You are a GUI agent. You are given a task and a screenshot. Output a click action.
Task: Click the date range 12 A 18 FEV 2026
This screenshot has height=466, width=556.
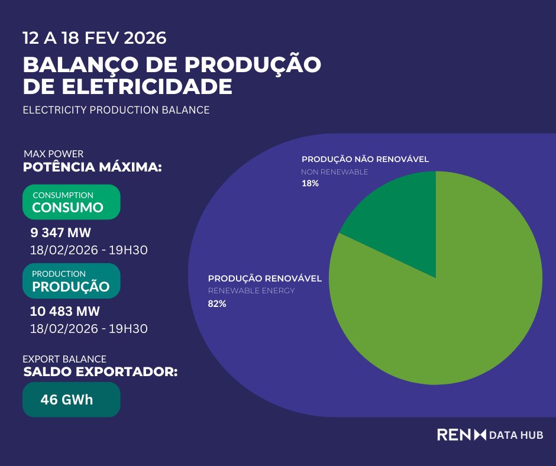tap(95, 39)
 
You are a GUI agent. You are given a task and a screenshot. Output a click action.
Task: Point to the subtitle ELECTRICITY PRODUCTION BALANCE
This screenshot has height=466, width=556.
tap(116, 110)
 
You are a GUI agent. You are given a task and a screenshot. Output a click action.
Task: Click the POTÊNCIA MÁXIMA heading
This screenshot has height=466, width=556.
tap(92, 167)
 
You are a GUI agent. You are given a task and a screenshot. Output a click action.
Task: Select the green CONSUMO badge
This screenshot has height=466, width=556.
tap(71, 202)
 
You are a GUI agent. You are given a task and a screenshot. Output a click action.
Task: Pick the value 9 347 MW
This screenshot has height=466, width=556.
tap(60, 232)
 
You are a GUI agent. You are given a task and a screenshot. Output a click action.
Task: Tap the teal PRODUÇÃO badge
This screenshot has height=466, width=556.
tap(71, 280)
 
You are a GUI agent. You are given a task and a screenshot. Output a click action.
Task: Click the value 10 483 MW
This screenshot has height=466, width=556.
tap(65, 311)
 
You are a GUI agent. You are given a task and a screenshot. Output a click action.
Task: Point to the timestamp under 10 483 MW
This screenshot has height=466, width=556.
tap(89, 329)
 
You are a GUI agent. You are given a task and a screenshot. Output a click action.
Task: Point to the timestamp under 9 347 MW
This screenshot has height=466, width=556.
tap(89, 250)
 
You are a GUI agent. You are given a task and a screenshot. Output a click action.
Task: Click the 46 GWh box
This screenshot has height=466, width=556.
tap(71, 400)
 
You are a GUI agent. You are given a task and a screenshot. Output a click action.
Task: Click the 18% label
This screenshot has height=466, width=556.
tap(310, 184)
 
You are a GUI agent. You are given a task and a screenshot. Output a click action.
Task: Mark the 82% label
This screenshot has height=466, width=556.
tap(216, 304)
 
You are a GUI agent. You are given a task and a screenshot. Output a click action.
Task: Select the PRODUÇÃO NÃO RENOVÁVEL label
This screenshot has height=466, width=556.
tap(365, 159)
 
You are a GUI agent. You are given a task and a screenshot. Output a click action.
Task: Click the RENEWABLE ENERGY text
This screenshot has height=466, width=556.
tap(251, 291)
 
